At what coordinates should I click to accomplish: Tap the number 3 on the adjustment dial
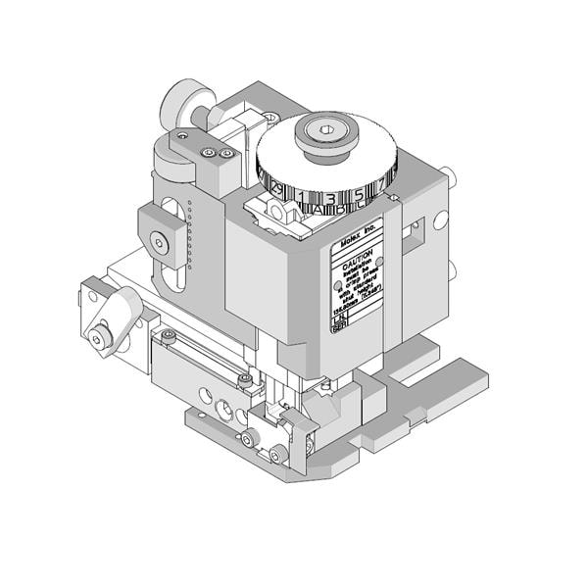330,199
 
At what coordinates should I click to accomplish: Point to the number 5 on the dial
360,195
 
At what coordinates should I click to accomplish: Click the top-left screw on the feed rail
170,336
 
